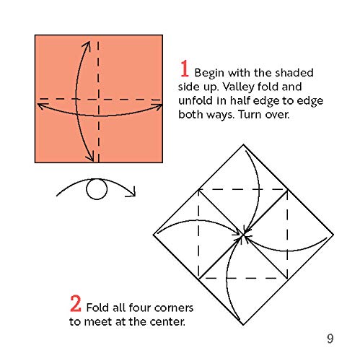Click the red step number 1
tap(185, 69)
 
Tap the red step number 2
tap(76, 304)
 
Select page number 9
tap(330, 339)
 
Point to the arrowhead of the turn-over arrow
tap(132, 192)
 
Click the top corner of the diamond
tap(243, 144)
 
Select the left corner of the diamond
tap(154, 235)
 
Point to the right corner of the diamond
tap(333, 235)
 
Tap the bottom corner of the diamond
tap(243, 325)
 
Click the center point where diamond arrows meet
tap(243, 235)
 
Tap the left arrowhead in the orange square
tap(41, 106)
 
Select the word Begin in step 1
tap(209, 73)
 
